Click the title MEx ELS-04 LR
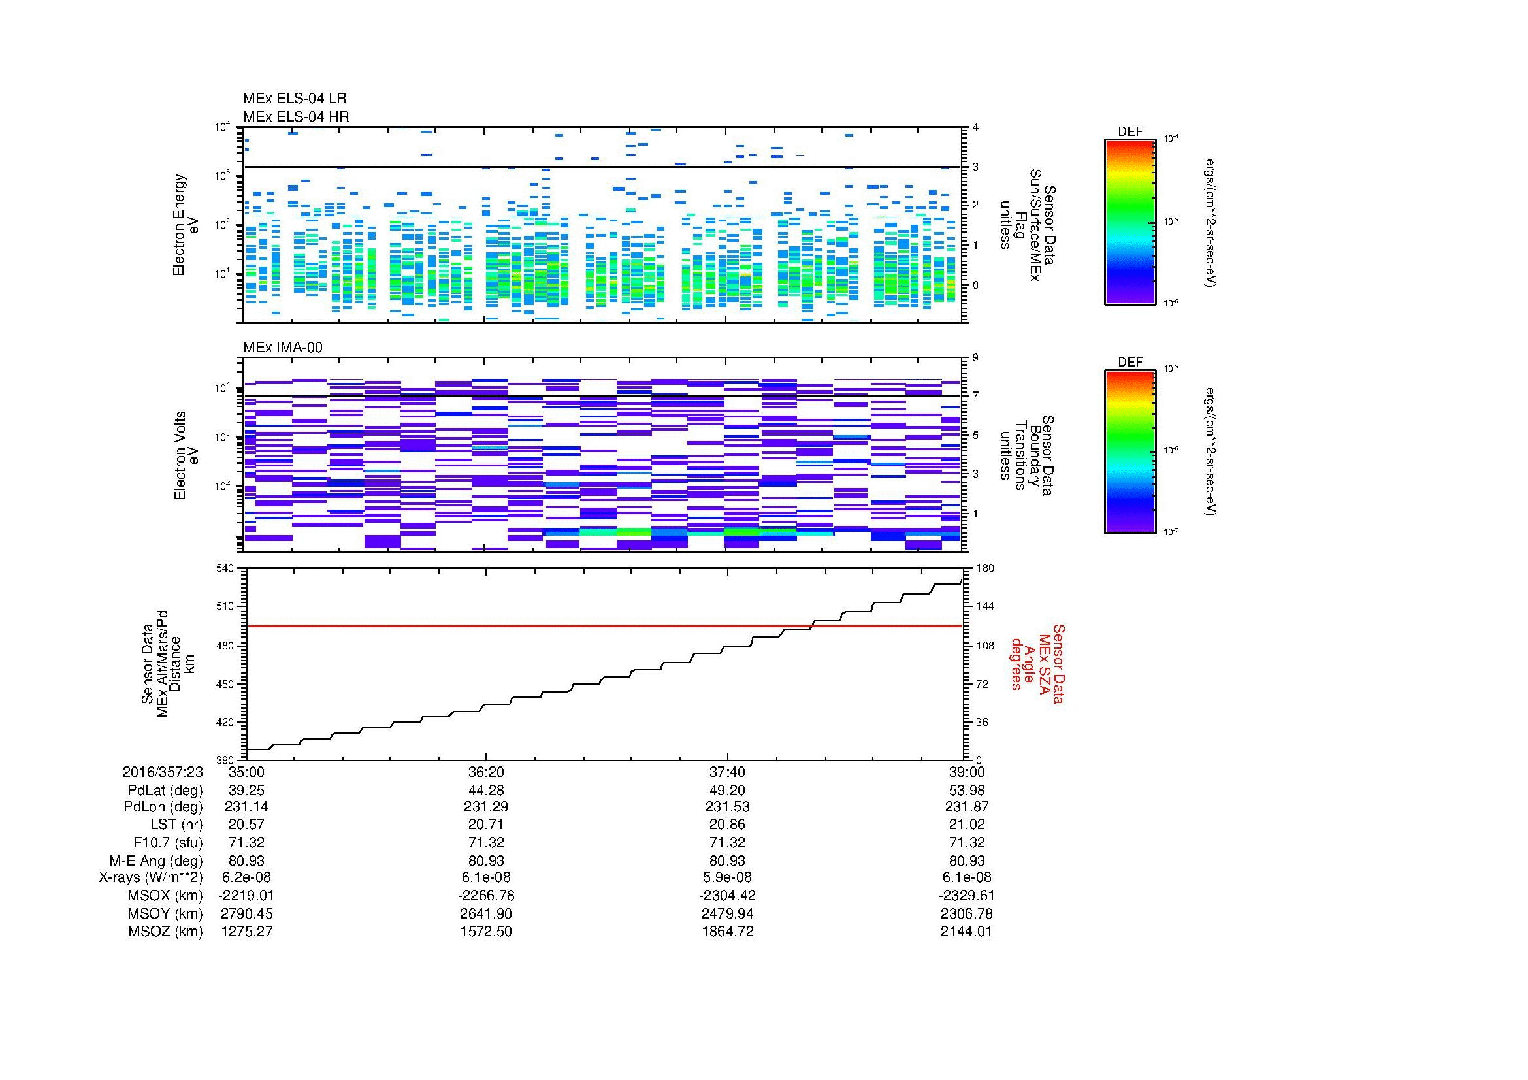click(x=294, y=99)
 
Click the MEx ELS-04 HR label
click(x=296, y=116)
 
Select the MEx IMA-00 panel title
click(x=283, y=347)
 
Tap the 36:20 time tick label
click(x=487, y=772)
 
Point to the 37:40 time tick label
click(x=727, y=772)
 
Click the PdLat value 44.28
click(x=487, y=790)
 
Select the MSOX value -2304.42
click(x=727, y=896)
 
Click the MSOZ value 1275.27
click(x=247, y=932)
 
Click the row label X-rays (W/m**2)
click(x=150, y=877)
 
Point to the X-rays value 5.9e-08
click(x=727, y=877)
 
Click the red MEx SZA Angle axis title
click(x=1037, y=663)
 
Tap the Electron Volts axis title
click(x=186, y=456)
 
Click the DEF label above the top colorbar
click(x=1130, y=132)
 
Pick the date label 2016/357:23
click(x=163, y=772)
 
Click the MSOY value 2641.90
click(x=487, y=913)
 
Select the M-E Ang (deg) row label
click(x=155, y=860)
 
